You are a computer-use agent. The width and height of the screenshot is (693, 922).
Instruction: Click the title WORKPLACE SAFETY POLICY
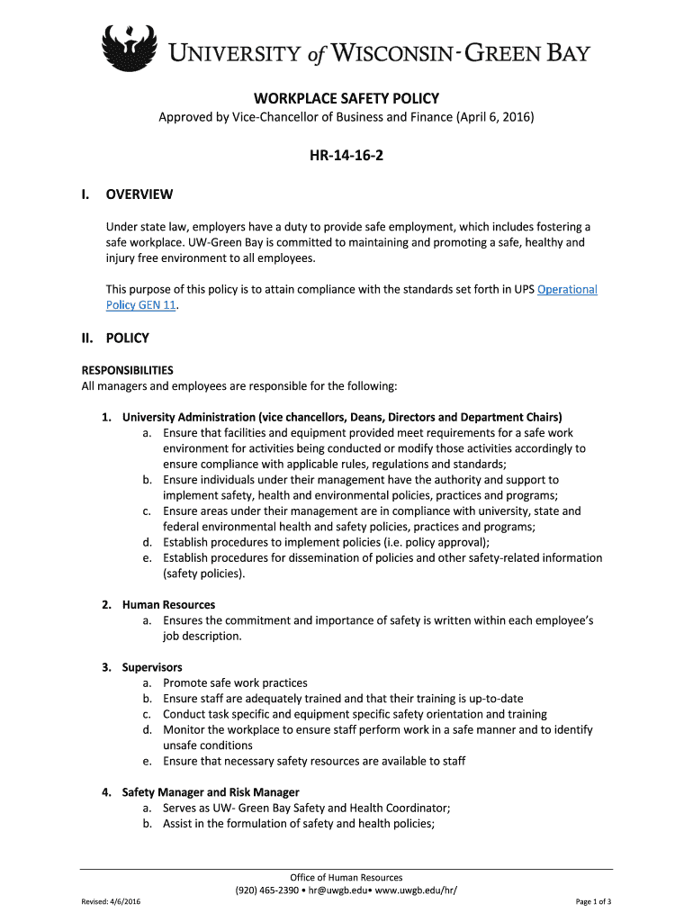coord(346,98)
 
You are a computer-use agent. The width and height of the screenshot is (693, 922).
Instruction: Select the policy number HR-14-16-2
coord(346,155)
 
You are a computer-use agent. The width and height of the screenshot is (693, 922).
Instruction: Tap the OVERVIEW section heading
coord(139,194)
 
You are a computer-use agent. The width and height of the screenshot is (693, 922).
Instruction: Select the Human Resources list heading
coord(168,604)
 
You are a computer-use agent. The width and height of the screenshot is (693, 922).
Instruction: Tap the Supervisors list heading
coord(152,667)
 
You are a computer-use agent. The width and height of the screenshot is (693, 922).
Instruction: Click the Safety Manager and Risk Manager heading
coord(211,792)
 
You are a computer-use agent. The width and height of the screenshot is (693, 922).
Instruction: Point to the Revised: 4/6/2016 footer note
coord(110,901)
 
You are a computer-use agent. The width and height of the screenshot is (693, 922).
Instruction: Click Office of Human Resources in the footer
coord(346,877)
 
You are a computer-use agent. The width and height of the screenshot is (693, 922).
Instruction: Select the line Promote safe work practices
coord(235,682)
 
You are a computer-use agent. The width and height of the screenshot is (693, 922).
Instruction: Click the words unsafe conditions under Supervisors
coord(208,746)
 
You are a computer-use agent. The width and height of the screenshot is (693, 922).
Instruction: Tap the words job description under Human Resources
coord(202,636)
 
